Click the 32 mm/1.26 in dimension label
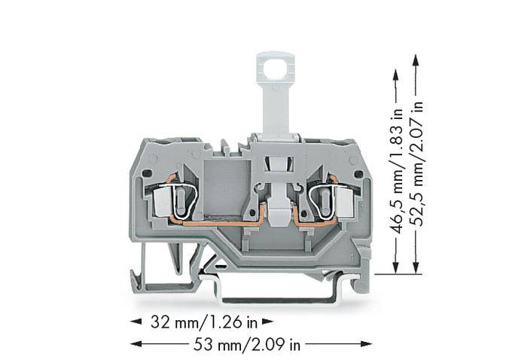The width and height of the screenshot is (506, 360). click(x=200, y=322)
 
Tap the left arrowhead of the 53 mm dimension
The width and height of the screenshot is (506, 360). click(x=136, y=345)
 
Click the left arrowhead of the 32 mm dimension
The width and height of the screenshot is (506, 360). click(x=136, y=322)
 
